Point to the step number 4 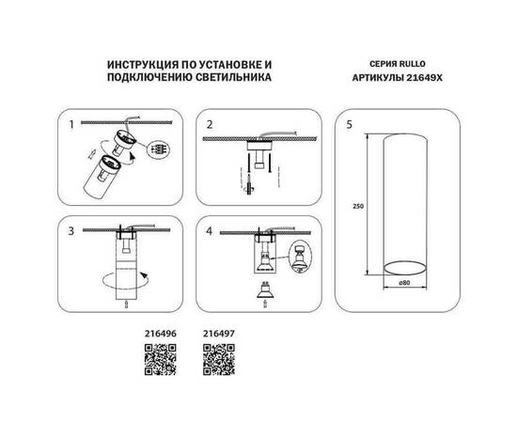click(211, 228)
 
